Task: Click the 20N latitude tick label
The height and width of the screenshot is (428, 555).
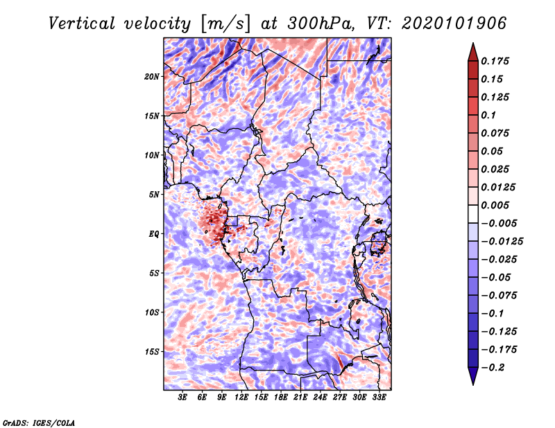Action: tap(152, 77)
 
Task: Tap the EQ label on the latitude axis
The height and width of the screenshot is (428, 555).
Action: tap(153, 234)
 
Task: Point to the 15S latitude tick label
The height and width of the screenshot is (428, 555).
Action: tap(152, 352)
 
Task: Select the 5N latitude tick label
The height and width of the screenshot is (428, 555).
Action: tap(154, 195)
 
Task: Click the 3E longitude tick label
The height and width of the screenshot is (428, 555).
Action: tap(182, 398)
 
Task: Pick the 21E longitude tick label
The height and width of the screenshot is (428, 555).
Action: tap(300, 398)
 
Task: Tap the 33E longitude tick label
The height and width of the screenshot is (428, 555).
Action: tap(379, 398)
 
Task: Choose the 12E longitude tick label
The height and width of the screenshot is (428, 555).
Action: tap(241, 398)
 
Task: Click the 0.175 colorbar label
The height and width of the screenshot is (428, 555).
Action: tap(495, 61)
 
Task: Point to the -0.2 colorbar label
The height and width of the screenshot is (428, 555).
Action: tap(493, 368)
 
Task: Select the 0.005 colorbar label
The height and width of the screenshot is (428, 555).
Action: tap(495, 205)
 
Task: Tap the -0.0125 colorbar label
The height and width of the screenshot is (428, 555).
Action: tap(502, 242)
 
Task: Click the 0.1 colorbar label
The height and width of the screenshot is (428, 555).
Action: tap(488, 115)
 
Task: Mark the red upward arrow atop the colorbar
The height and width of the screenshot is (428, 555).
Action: tap(473, 52)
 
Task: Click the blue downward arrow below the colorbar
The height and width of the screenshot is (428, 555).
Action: tap(473, 376)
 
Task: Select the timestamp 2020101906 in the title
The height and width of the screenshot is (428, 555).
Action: tap(454, 24)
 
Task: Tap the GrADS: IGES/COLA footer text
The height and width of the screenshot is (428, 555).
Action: tap(39, 423)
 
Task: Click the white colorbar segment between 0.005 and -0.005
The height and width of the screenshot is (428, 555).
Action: tap(473, 214)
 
